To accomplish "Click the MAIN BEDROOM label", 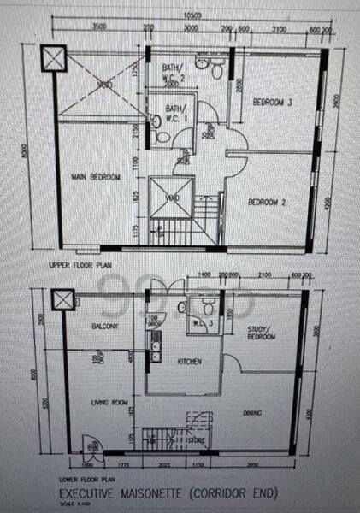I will (x=95, y=177).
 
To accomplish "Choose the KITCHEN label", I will (x=189, y=362).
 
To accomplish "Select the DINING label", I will (x=251, y=414).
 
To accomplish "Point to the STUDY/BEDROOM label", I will (x=261, y=333).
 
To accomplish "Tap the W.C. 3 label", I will (x=204, y=323).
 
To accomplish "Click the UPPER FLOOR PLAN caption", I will (x=82, y=266).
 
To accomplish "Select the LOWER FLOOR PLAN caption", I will (x=84, y=481).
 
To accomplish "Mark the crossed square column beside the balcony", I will (x=62, y=300).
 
